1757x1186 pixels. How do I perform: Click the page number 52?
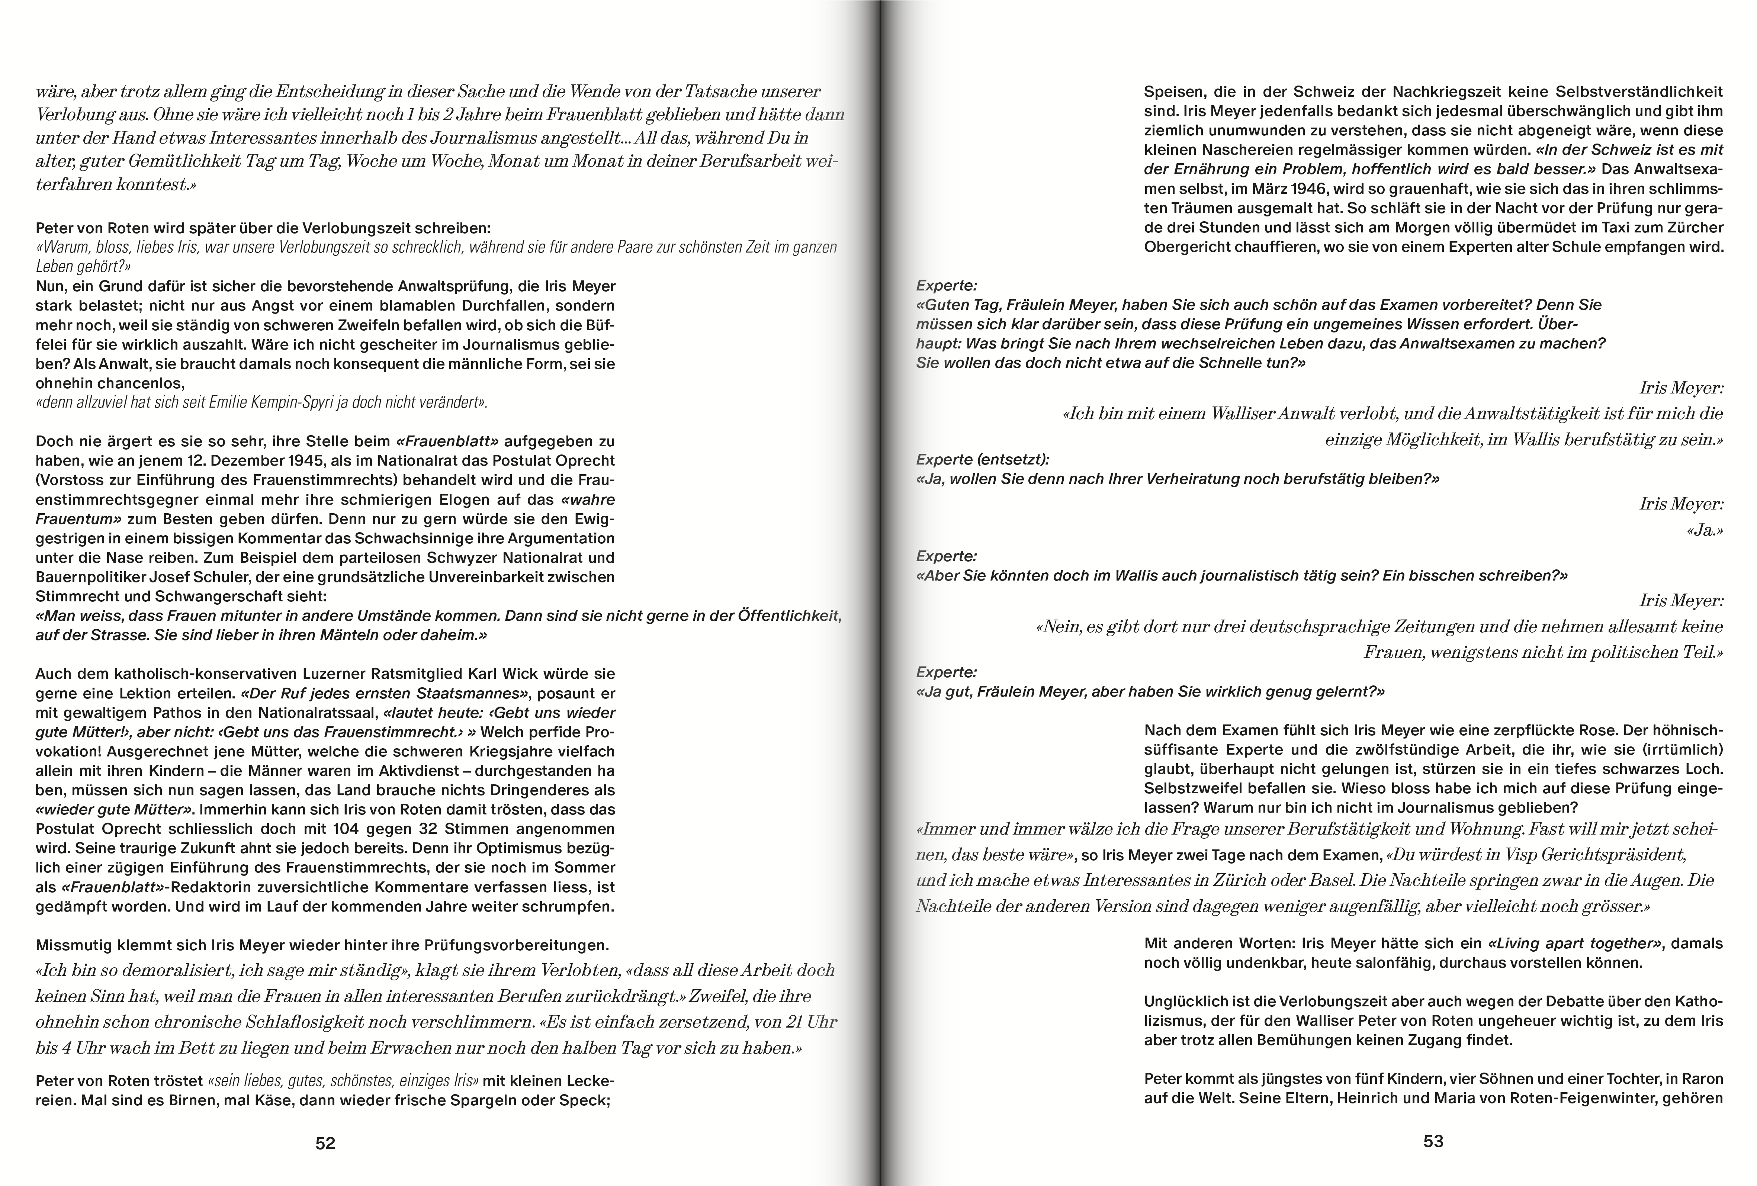325,1144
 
